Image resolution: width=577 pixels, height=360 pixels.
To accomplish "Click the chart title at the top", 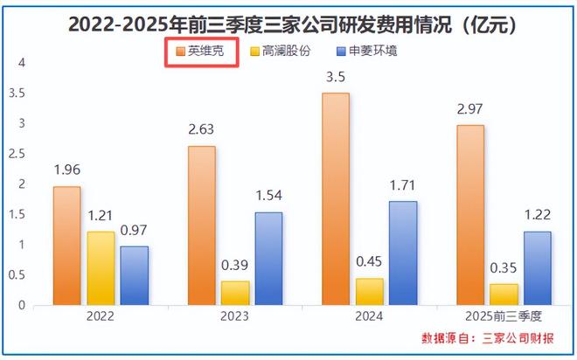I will click(288, 24).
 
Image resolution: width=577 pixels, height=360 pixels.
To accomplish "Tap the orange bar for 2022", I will click(66, 246).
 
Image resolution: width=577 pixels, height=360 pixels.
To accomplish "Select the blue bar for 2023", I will click(268, 259).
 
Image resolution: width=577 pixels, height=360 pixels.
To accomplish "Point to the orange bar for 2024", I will click(335, 199).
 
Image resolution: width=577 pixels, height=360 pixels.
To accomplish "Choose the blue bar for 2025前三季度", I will click(537, 268).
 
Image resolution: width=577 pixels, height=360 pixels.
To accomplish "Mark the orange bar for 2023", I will click(201, 226).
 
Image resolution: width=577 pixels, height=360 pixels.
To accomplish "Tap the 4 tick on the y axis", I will click(23, 63).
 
